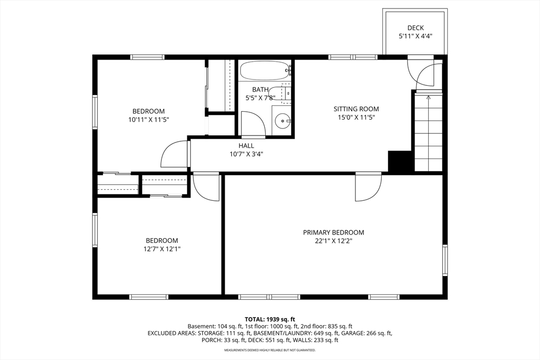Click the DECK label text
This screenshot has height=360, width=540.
pyautogui.click(x=416, y=28)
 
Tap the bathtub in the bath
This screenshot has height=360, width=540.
pyautogui.click(x=265, y=70)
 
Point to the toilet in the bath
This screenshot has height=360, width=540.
pyautogui.click(x=282, y=93)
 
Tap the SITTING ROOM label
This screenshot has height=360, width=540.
pyautogui.click(x=356, y=109)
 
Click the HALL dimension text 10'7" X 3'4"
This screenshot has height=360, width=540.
pyautogui.click(x=246, y=154)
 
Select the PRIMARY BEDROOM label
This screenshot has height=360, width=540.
pyautogui.click(x=333, y=232)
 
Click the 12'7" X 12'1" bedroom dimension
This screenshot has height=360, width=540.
pyautogui.click(x=162, y=249)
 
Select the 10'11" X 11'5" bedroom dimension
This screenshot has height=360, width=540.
pyautogui.click(x=148, y=120)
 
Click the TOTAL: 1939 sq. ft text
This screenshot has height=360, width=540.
pyautogui.click(x=270, y=319)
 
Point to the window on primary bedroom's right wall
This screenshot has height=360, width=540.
pyautogui.click(x=445, y=261)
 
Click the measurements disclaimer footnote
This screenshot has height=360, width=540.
pyautogui.click(x=270, y=350)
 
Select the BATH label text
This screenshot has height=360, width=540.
pyautogui.click(x=260, y=90)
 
